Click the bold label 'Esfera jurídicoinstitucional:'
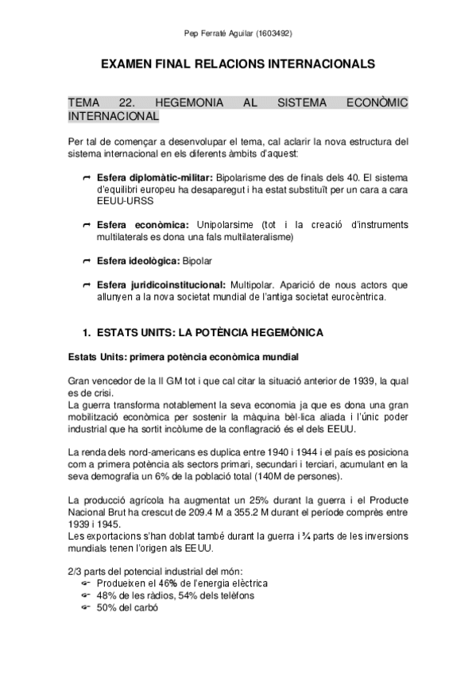[160, 285]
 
